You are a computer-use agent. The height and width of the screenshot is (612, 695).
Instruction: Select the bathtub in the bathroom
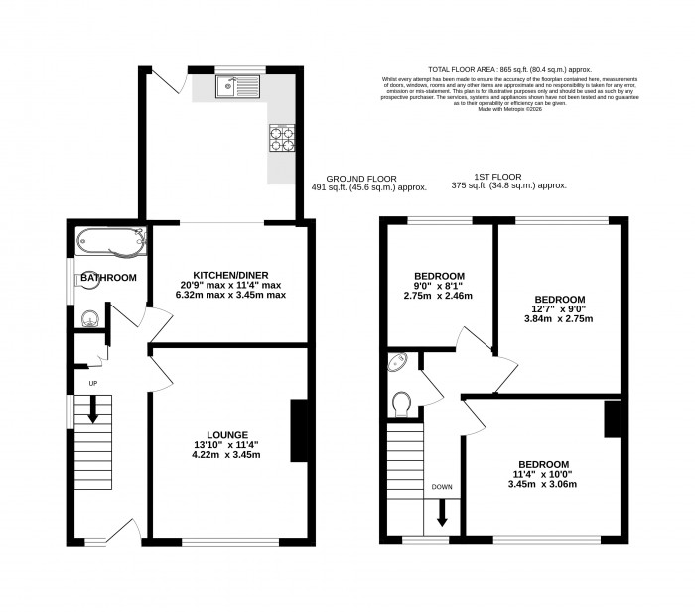[x=109, y=239]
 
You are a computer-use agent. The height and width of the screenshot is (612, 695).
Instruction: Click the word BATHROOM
[x=108, y=278]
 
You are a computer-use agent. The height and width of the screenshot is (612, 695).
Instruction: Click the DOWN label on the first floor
[x=442, y=487]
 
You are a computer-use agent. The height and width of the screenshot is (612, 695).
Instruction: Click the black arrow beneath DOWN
[x=442, y=514]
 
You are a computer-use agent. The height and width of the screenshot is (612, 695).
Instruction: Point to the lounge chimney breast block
[x=297, y=429]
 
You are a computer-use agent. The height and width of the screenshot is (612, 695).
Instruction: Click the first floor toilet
[x=402, y=403]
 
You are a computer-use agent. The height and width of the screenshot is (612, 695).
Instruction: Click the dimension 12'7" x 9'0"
[x=559, y=309]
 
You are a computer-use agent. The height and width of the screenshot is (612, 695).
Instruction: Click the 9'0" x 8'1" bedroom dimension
[x=438, y=285]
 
